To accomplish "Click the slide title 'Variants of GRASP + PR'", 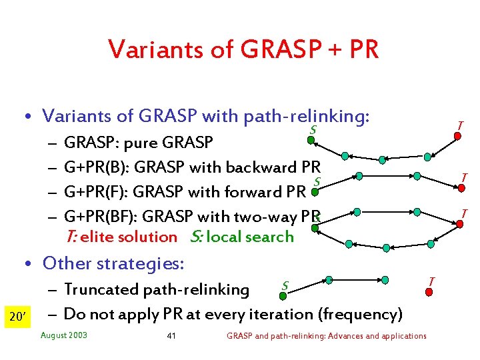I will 243,49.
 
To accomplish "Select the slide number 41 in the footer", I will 171,335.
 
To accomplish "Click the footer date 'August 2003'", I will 64,335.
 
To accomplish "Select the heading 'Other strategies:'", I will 113,263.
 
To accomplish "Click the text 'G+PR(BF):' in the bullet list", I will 99,216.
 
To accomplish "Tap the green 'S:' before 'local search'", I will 196,237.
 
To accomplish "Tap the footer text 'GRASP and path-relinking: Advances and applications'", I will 327,335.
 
